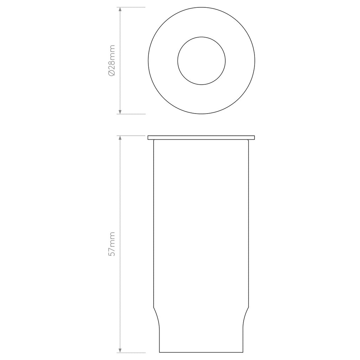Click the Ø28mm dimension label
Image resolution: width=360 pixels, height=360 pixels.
[x=112, y=60]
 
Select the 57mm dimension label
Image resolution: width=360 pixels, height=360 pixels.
[x=112, y=244]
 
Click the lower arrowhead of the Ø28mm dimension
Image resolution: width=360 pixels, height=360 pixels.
[x=120, y=111]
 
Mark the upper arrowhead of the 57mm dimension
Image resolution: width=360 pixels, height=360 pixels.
[x=120, y=139]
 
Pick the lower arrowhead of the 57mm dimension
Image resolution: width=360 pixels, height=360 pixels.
[x=120, y=349]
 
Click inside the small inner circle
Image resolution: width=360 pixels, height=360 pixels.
[x=201, y=60]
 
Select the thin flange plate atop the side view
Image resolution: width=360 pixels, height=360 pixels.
[x=201, y=137]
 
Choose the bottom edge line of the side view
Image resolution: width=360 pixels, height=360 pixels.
[x=201, y=352]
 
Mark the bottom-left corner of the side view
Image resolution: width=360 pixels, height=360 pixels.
[x=160, y=352]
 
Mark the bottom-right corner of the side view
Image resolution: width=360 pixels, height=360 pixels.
[x=243, y=352]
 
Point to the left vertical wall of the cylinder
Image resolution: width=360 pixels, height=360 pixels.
[x=154, y=225]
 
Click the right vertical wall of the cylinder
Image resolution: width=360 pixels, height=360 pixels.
[x=249, y=225]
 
